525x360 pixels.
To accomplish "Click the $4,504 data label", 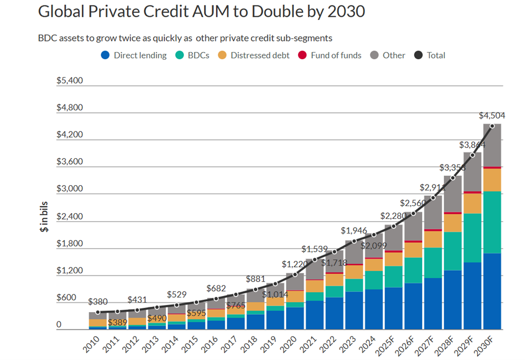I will pos(492,115).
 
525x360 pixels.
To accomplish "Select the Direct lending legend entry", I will pos(134,55).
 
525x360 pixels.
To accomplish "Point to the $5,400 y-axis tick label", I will pos(70,81).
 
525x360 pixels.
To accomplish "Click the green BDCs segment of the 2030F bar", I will pos(492,222).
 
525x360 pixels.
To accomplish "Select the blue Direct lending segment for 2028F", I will pos(452,300).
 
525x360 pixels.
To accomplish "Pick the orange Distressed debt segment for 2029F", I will pos(472,203).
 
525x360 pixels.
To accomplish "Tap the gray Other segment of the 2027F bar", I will pos(432,212).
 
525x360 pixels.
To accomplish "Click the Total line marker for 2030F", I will pos(492,126).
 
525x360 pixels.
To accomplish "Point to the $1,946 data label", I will pos(353,230).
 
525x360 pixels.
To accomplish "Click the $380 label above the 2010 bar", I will pos(98,302).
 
